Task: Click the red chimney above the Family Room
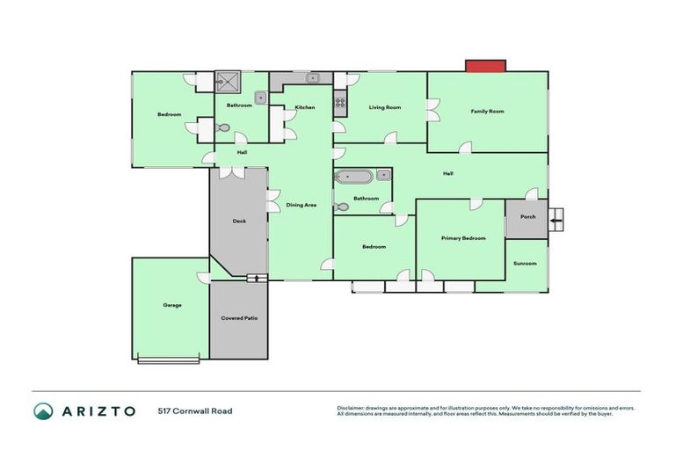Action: click(x=485, y=66)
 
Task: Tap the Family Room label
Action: click(x=487, y=112)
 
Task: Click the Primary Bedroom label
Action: click(x=462, y=238)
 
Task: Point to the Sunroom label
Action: click(x=525, y=263)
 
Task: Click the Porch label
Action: click(x=527, y=216)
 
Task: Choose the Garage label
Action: click(x=171, y=305)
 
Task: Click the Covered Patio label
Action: click(x=238, y=317)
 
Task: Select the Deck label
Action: click(x=238, y=221)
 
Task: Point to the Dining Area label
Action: click(x=301, y=205)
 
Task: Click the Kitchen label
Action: click(x=304, y=107)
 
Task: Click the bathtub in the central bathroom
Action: click(x=354, y=176)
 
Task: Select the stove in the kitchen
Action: click(x=340, y=105)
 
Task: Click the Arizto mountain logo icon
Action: click(x=43, y=410)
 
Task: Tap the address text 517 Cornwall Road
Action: click(x=195, y=410)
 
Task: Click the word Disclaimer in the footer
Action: click(x=353, y=408)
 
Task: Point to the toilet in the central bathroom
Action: click(x=342, y=208)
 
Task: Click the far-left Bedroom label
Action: click(x=170, y=115)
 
